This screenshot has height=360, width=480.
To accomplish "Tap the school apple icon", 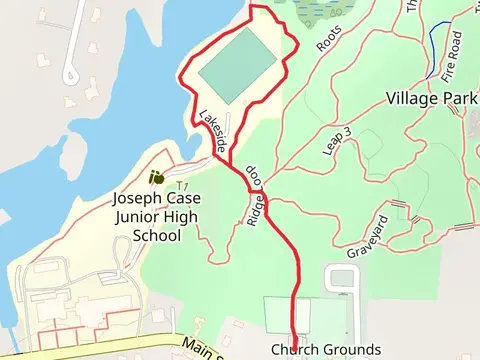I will [157, 177].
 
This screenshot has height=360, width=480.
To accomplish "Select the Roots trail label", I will [329, 40].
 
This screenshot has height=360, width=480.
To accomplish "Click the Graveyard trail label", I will [367, 237].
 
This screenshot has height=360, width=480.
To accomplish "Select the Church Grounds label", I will [325, 349].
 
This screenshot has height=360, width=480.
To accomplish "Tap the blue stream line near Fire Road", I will [432, 50].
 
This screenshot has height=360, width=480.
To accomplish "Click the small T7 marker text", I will [182, 186].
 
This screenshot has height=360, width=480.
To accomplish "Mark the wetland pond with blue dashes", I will [320, 8].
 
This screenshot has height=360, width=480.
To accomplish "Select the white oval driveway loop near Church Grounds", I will [342, 279].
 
